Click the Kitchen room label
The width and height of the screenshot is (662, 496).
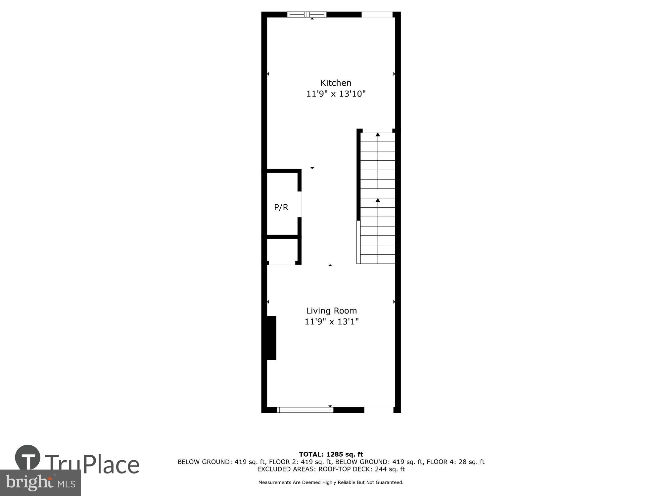click(336, 83)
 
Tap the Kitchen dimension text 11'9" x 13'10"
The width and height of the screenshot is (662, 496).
click(336, 94)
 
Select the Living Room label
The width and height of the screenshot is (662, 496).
click(331, 310)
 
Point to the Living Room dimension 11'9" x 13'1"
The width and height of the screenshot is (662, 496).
click(331, 321)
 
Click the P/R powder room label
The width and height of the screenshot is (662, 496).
click(281, 207)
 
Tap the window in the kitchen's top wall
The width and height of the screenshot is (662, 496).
click(307, 15)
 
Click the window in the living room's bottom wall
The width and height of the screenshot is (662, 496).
click(305, 410)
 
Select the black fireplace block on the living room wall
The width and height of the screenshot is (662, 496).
click(271, 338)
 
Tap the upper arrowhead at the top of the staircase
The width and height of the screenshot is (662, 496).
click(378, 134)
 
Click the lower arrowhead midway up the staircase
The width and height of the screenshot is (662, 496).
click(378, 200)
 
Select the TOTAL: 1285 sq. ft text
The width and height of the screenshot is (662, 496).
click(331, 454)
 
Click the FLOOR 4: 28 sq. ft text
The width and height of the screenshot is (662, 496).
click(455, 462)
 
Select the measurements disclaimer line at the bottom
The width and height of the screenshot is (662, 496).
click(331, 482)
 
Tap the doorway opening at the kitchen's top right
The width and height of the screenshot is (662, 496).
click(377, 15)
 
